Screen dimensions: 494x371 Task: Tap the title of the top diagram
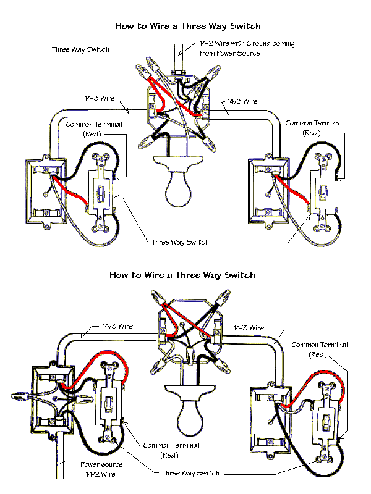tap(188, 27)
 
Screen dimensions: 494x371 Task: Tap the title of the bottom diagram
tap(182, 275)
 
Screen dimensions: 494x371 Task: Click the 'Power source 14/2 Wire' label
tap(101, 469)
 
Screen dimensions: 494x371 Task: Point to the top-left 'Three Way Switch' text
tap(80, 49)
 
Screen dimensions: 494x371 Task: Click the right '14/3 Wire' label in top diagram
tap(242, 101)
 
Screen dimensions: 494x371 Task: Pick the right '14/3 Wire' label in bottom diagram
tap(249, 327)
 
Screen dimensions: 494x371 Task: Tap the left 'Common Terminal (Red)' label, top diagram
tap(95, 128)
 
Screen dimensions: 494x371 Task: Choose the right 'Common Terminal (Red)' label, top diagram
tap(312, 128)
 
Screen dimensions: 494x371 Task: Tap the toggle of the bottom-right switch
tap(325, 425)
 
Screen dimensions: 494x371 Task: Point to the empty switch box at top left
tap(45, 192)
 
